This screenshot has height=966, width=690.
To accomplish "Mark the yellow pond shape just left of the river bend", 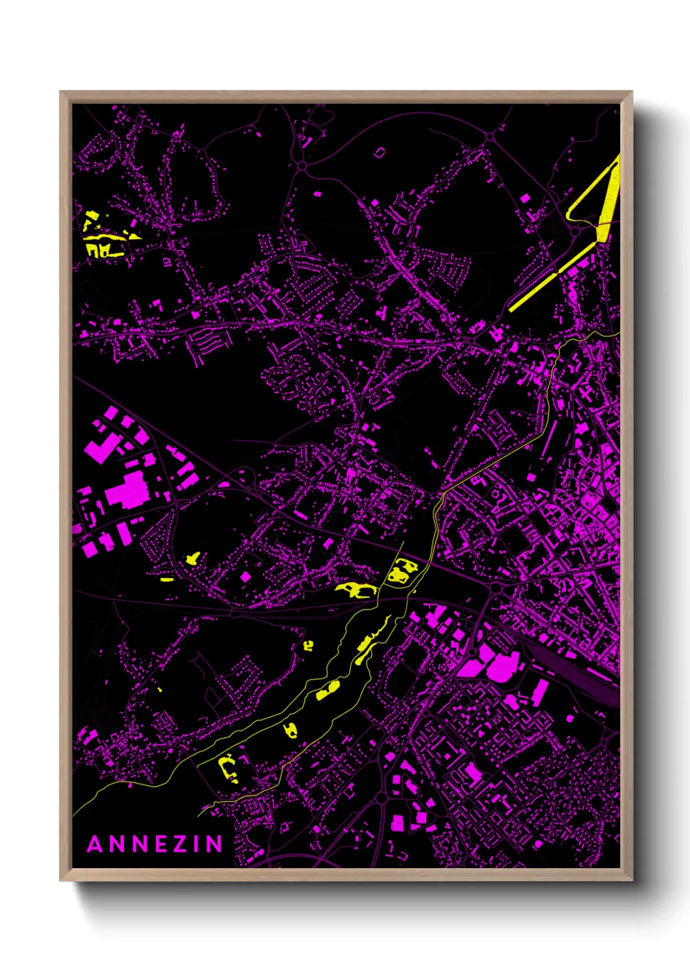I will tap(355, 590).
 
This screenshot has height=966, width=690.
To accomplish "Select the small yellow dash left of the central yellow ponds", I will tap(167, 579).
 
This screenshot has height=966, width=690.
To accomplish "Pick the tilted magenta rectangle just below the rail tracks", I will tap(541, 692).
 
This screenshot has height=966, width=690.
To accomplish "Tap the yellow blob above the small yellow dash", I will tap(194, 559).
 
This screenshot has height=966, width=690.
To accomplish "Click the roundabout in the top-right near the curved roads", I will tap(489, 136).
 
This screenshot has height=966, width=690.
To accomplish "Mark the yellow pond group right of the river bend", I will tap(398, 572).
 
